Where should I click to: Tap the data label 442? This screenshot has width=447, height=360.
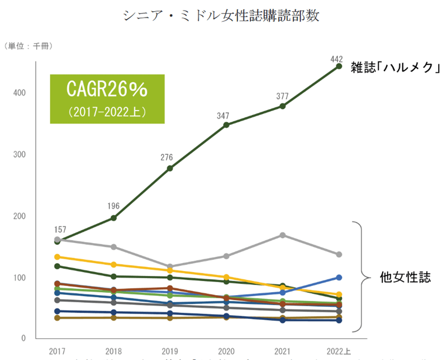[337, 58]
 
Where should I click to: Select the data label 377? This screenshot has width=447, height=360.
[283, 96]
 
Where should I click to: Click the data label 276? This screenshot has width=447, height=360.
[169, 158]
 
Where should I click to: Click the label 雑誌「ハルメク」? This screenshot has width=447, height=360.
[396, 67]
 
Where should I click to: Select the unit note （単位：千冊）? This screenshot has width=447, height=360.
[28, 46]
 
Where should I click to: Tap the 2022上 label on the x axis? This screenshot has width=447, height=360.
[339, 351]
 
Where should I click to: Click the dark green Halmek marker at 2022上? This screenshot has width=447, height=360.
[339, 67]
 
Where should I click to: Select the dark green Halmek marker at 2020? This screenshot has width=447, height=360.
[226, 125]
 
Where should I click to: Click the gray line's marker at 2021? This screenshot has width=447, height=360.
[283, 235]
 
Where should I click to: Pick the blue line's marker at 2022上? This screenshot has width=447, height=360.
[339, 277]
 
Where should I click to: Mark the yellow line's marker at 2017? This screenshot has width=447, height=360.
[58, 257]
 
